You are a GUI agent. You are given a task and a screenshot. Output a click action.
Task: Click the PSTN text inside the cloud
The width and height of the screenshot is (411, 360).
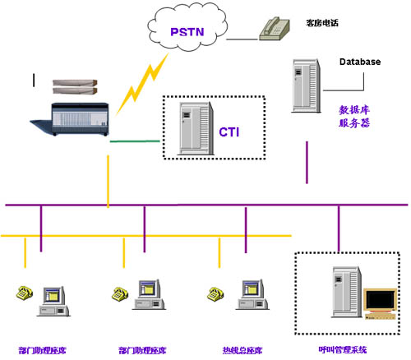pyautogui.click(x=187, y=32)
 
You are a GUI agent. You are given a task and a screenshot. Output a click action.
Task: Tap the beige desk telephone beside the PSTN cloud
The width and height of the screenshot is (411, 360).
pyautogui.click(x=275, y=29)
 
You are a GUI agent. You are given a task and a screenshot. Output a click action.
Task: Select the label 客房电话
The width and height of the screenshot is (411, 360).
pyautogui.click(x=322, y=23)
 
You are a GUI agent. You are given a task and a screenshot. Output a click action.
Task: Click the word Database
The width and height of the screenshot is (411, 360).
pyautogui.click(x=360, y=62)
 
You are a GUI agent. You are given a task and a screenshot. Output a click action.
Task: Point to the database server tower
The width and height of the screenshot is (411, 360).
pyautogui.click(x=306, y=85)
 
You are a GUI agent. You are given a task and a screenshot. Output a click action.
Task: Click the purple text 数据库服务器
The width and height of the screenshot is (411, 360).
pyautogui.click(x=354, y=117)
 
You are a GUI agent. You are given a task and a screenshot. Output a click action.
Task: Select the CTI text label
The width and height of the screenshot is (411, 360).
pyautogui.click(x=229, y=132)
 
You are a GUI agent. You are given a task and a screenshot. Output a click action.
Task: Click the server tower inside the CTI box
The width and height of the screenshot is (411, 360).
pyautogui.click(x=196, y=128)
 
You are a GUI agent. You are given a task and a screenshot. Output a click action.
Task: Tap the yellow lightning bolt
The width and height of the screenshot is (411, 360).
pyautogui.click(x=141, y=84)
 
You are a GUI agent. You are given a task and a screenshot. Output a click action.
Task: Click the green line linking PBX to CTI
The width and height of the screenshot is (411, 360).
pyautogui.click(x=135, y=141)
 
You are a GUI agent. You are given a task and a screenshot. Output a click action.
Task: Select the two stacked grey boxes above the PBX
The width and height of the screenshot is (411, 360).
pyautogui.click(x=75, y=87)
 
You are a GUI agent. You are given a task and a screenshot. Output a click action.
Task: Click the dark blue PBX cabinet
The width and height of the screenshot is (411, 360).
pyautogui.click(x=71, y=119)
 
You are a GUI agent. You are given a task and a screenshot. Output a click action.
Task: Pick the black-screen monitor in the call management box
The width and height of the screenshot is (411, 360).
pyautogui.click(x=381, y=303)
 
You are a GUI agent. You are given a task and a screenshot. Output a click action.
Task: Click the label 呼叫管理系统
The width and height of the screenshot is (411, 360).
pyautogui.click(x=343, y=349)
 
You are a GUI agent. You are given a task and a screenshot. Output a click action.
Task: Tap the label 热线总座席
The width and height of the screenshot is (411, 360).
pyautogui.click(x=242, y=350)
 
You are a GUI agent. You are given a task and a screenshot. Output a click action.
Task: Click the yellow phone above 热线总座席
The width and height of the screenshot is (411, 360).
pyautogui.click(x=215, y=294)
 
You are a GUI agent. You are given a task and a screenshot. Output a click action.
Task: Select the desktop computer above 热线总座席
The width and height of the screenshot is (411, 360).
pyautogui.click(x=252, y=295)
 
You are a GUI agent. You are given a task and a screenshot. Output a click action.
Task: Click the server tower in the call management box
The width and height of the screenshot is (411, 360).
pyautogui.click(x=346, y=292)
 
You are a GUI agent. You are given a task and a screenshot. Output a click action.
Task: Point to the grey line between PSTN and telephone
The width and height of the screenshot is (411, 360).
pyautogui.click(x=242, y=39)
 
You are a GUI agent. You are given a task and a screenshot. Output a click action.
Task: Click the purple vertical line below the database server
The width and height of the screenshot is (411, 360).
pyautogui.click(x=307, y=163)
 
